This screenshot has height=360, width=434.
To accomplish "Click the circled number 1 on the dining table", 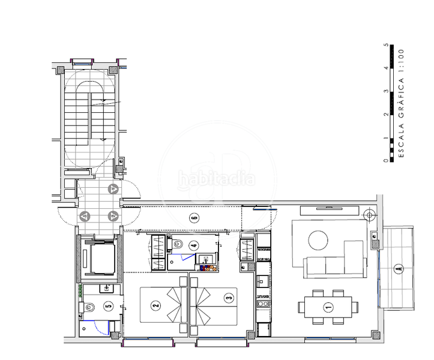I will click(x=328, y=308).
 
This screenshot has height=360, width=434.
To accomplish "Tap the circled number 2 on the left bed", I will click(x=156, y=306).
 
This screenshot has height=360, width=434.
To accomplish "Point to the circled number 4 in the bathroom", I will click(x=193, y=245).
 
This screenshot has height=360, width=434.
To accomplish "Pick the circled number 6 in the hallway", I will click(x=193, y=218).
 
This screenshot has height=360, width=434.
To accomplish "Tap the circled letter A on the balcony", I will click(x=397, y=269).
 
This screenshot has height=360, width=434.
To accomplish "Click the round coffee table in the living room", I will click(x=318, y=241).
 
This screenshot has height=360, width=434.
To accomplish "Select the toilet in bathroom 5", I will click(x=90, y=307).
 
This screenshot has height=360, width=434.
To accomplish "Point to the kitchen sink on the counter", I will click(x=262, y=281).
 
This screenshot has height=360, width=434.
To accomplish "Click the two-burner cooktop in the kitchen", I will click(x=262, y=305).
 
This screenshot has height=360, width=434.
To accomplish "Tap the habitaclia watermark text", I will click(x=216, y=179).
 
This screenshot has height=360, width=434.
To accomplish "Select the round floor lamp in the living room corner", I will click(x=369, y=214).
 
